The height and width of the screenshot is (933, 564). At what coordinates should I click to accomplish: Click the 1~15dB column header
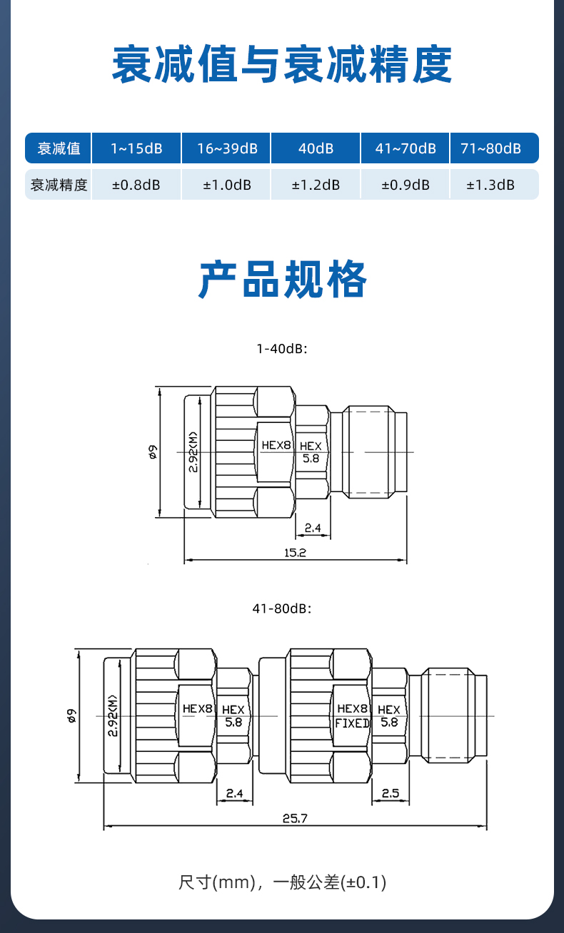tap(136, 148)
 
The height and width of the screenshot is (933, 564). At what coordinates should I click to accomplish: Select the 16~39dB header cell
tap(226, 148)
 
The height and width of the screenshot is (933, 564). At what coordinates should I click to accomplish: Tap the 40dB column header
tap(316, 148)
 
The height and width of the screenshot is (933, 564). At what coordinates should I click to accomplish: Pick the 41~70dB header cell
tap(406, 148)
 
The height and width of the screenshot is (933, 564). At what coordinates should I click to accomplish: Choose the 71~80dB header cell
tap(494, 148)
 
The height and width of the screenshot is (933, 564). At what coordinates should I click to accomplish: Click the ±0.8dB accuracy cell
tap(136, 185)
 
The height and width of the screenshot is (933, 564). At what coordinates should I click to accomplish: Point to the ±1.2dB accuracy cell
tap(316, 185)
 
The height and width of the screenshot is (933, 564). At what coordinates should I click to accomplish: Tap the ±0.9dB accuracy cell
tap(406, 185)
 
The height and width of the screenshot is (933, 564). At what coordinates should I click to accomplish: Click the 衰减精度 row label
tap(59, 185)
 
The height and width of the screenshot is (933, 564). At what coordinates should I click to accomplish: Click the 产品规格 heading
tap(282, 279)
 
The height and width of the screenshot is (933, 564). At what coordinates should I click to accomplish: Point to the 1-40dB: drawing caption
tap(282, 349)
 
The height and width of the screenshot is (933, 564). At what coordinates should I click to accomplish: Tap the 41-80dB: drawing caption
tap(282, 608)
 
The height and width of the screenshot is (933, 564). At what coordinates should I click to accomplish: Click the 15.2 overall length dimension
tap(295, 553)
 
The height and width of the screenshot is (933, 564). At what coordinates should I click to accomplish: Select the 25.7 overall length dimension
tap(295, 818)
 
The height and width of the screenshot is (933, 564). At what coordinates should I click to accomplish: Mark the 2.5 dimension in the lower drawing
tap(391, 793)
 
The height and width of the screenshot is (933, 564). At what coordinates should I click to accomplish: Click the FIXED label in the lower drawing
tap(352, 723)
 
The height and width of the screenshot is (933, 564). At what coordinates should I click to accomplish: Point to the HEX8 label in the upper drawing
tap(276, 445)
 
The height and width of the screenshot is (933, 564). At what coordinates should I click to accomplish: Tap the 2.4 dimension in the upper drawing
tap(313, 528)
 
